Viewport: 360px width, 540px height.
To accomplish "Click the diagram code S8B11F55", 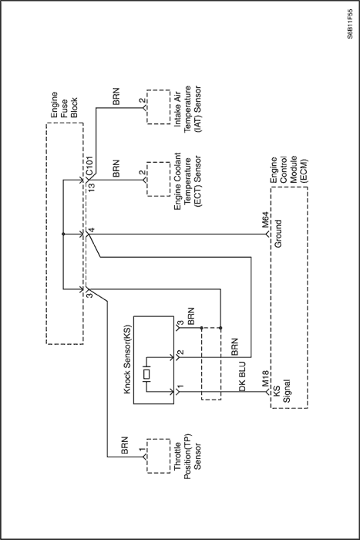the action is pos(350,24).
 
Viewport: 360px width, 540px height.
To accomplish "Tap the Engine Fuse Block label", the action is pos(64,105).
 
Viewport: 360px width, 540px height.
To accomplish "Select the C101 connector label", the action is pos(89,164).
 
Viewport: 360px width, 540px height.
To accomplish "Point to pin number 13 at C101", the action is pos(91,187).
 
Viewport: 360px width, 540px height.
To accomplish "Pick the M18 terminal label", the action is pos(266,379).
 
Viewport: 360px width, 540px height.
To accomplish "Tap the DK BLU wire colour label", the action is pos(242,376).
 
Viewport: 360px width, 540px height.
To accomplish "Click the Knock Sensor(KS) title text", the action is pos(127,359).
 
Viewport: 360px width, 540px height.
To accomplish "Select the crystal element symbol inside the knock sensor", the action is pos(147,374).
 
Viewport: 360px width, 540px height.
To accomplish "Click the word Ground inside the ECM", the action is pos(278,234).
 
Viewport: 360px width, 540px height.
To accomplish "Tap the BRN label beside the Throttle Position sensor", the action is pos(124,445).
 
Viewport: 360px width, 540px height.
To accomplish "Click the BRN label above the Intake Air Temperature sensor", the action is pos(116,96).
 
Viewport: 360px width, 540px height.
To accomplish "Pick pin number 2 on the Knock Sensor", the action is pos(180,353).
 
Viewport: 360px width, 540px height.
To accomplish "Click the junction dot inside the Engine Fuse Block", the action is pos(63,235).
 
